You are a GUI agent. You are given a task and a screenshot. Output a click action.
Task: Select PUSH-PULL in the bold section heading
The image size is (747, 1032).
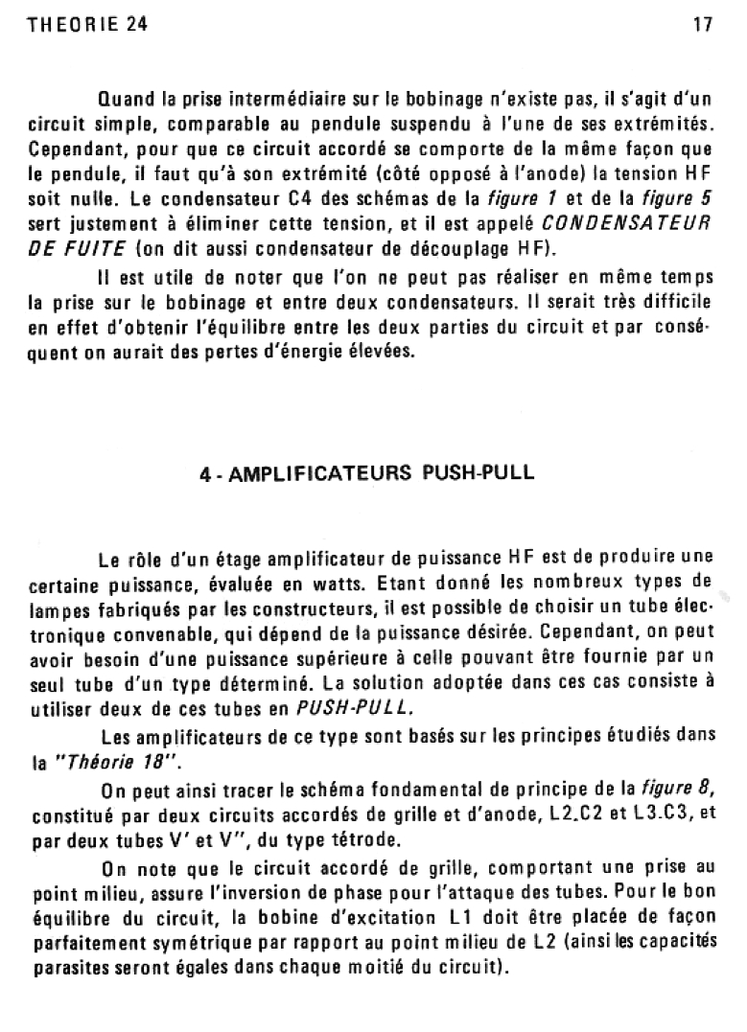(479, 473)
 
